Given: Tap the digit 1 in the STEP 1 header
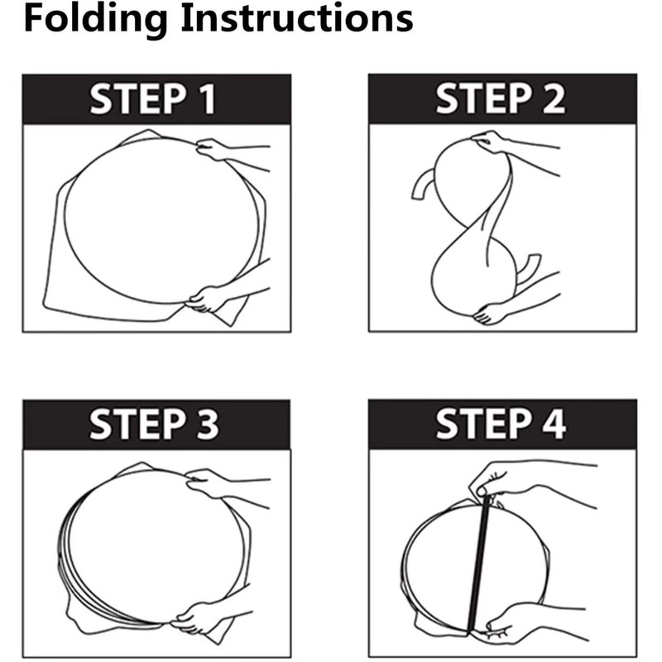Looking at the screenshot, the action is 208,99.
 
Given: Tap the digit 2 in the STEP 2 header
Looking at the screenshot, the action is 553,98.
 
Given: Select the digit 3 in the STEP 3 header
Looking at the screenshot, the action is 207,424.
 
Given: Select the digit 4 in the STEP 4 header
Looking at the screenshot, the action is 554,424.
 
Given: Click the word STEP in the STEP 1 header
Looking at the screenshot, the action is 138,99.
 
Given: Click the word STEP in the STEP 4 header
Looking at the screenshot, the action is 484,424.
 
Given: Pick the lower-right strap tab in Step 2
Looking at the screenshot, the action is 529,271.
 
